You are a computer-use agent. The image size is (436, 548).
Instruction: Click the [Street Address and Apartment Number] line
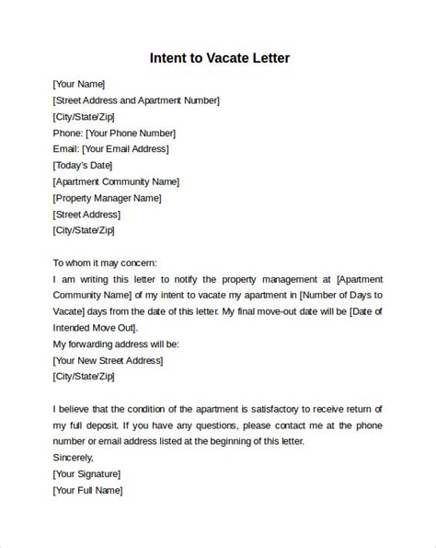click(x=136, y=100)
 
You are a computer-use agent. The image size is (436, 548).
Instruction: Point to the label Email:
click(x=66, y=149)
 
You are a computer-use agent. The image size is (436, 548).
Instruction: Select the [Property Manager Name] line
click(x=108, y=198)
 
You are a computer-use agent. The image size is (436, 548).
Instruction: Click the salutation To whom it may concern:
click(x=106, y=262)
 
